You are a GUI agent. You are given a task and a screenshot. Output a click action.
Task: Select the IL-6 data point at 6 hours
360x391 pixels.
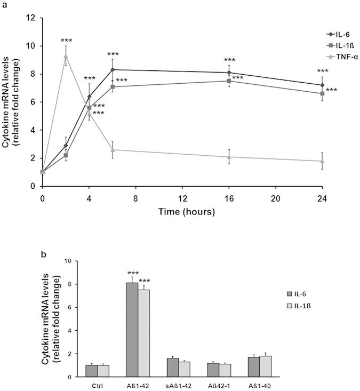click(x=113, y=69)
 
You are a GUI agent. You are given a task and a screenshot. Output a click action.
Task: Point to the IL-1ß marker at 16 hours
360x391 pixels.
click(x=229, y=81)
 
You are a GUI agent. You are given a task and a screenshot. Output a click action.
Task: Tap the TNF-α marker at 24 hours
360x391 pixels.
click(x=322, y=161)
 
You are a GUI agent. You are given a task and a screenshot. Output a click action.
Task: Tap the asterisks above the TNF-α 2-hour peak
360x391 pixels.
click(x=66, y=41)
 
